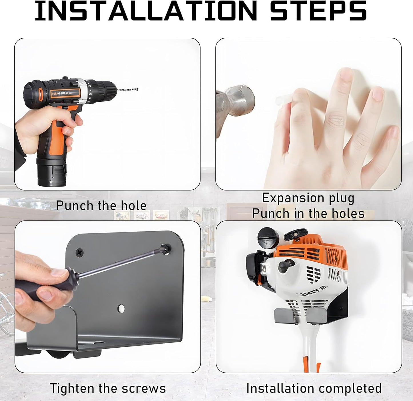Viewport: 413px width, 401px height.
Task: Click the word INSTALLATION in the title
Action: tap(145, 11)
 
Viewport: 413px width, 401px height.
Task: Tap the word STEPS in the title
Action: tap(318, 11)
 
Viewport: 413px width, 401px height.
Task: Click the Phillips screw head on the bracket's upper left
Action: tap(79, 252)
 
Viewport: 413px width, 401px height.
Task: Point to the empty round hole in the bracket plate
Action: tap(121, 308)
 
